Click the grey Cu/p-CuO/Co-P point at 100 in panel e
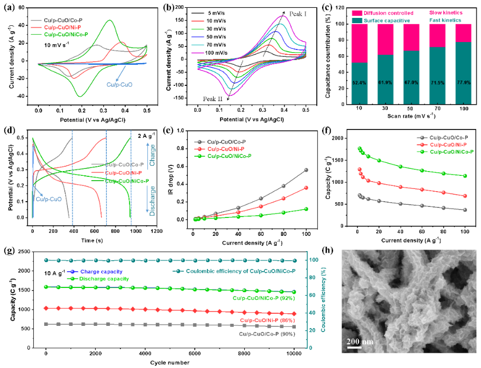(306, 170)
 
